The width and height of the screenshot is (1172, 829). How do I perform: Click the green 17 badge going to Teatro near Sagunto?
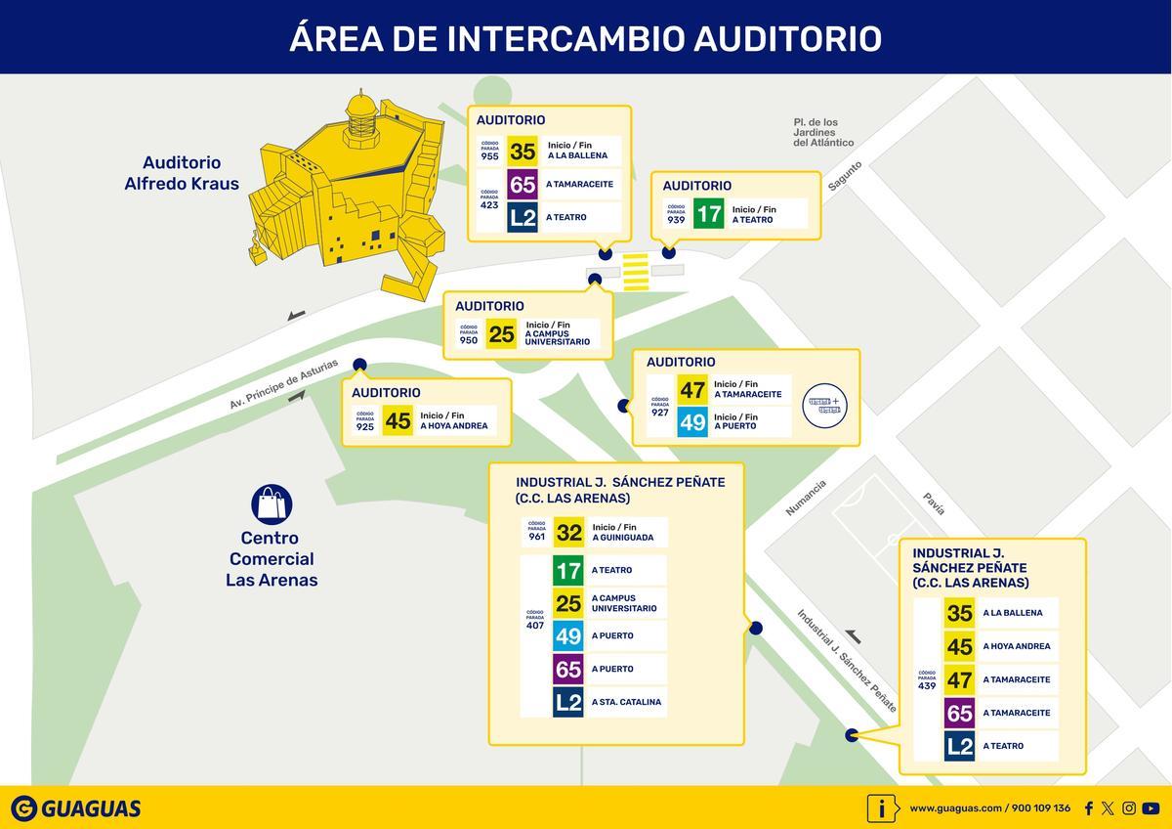click(708, 213)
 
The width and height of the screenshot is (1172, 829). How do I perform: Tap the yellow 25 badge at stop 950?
click(501, 334)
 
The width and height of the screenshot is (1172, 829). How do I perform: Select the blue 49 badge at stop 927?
click(692, 422)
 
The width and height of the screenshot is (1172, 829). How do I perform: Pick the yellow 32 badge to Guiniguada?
click(568, 533)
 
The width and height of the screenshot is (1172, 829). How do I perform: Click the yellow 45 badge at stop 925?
click(398, 420)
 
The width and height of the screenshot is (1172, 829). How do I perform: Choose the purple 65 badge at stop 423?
click(523, 184)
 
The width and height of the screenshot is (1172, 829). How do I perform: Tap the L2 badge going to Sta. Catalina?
click(568, 702)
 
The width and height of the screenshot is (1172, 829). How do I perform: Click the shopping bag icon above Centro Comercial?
click(272, 503)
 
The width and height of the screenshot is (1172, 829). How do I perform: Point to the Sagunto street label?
click(845, 178)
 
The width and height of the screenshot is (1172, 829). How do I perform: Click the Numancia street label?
click(807, 498)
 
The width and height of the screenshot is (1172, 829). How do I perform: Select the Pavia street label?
click(935, 502)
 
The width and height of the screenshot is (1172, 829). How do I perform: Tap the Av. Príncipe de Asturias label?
click(284, 384)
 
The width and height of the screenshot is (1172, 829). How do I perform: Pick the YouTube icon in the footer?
click(1151, 808)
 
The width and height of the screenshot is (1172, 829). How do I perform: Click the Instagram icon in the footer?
click(1129, 808)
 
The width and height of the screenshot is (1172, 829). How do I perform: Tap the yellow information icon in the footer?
click(882, 808)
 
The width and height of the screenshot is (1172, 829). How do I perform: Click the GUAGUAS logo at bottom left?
click(76, 808)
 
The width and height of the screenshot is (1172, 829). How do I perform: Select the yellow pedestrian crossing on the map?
click(636, 272)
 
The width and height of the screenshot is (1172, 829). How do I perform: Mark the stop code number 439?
click(927, 685)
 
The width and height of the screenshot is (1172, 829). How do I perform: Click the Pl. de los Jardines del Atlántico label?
click(823, 133)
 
